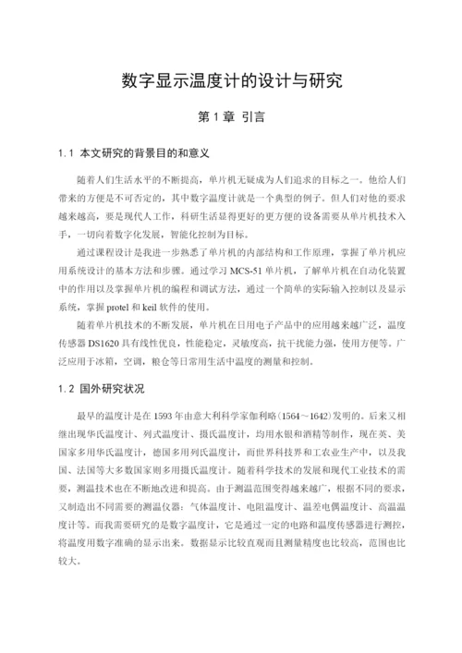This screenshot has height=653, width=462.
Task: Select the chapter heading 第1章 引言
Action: point(231,117)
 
